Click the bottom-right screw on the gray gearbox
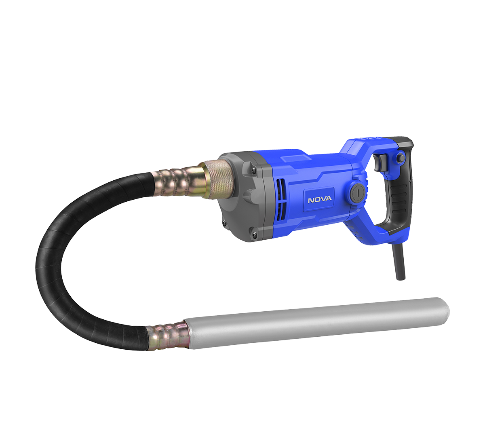(254, 234)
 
